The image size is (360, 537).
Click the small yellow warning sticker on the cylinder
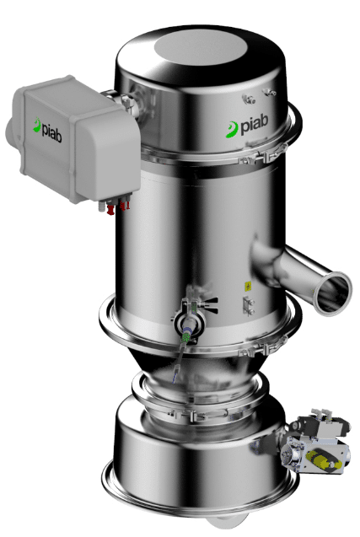[x=247, y=286]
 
